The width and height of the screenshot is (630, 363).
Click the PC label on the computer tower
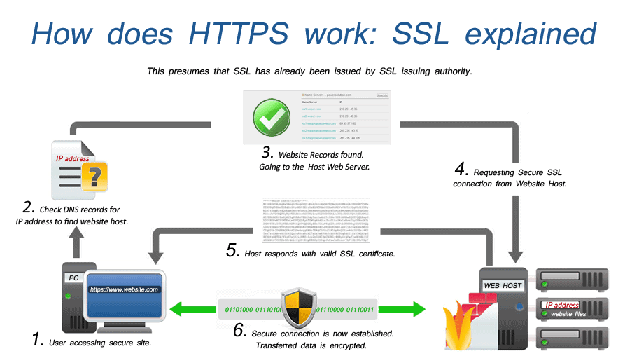73,278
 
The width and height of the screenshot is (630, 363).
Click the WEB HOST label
503,286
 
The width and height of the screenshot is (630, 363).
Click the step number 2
29,207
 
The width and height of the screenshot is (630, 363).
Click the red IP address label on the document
73,158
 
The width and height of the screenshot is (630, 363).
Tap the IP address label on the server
561,305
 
